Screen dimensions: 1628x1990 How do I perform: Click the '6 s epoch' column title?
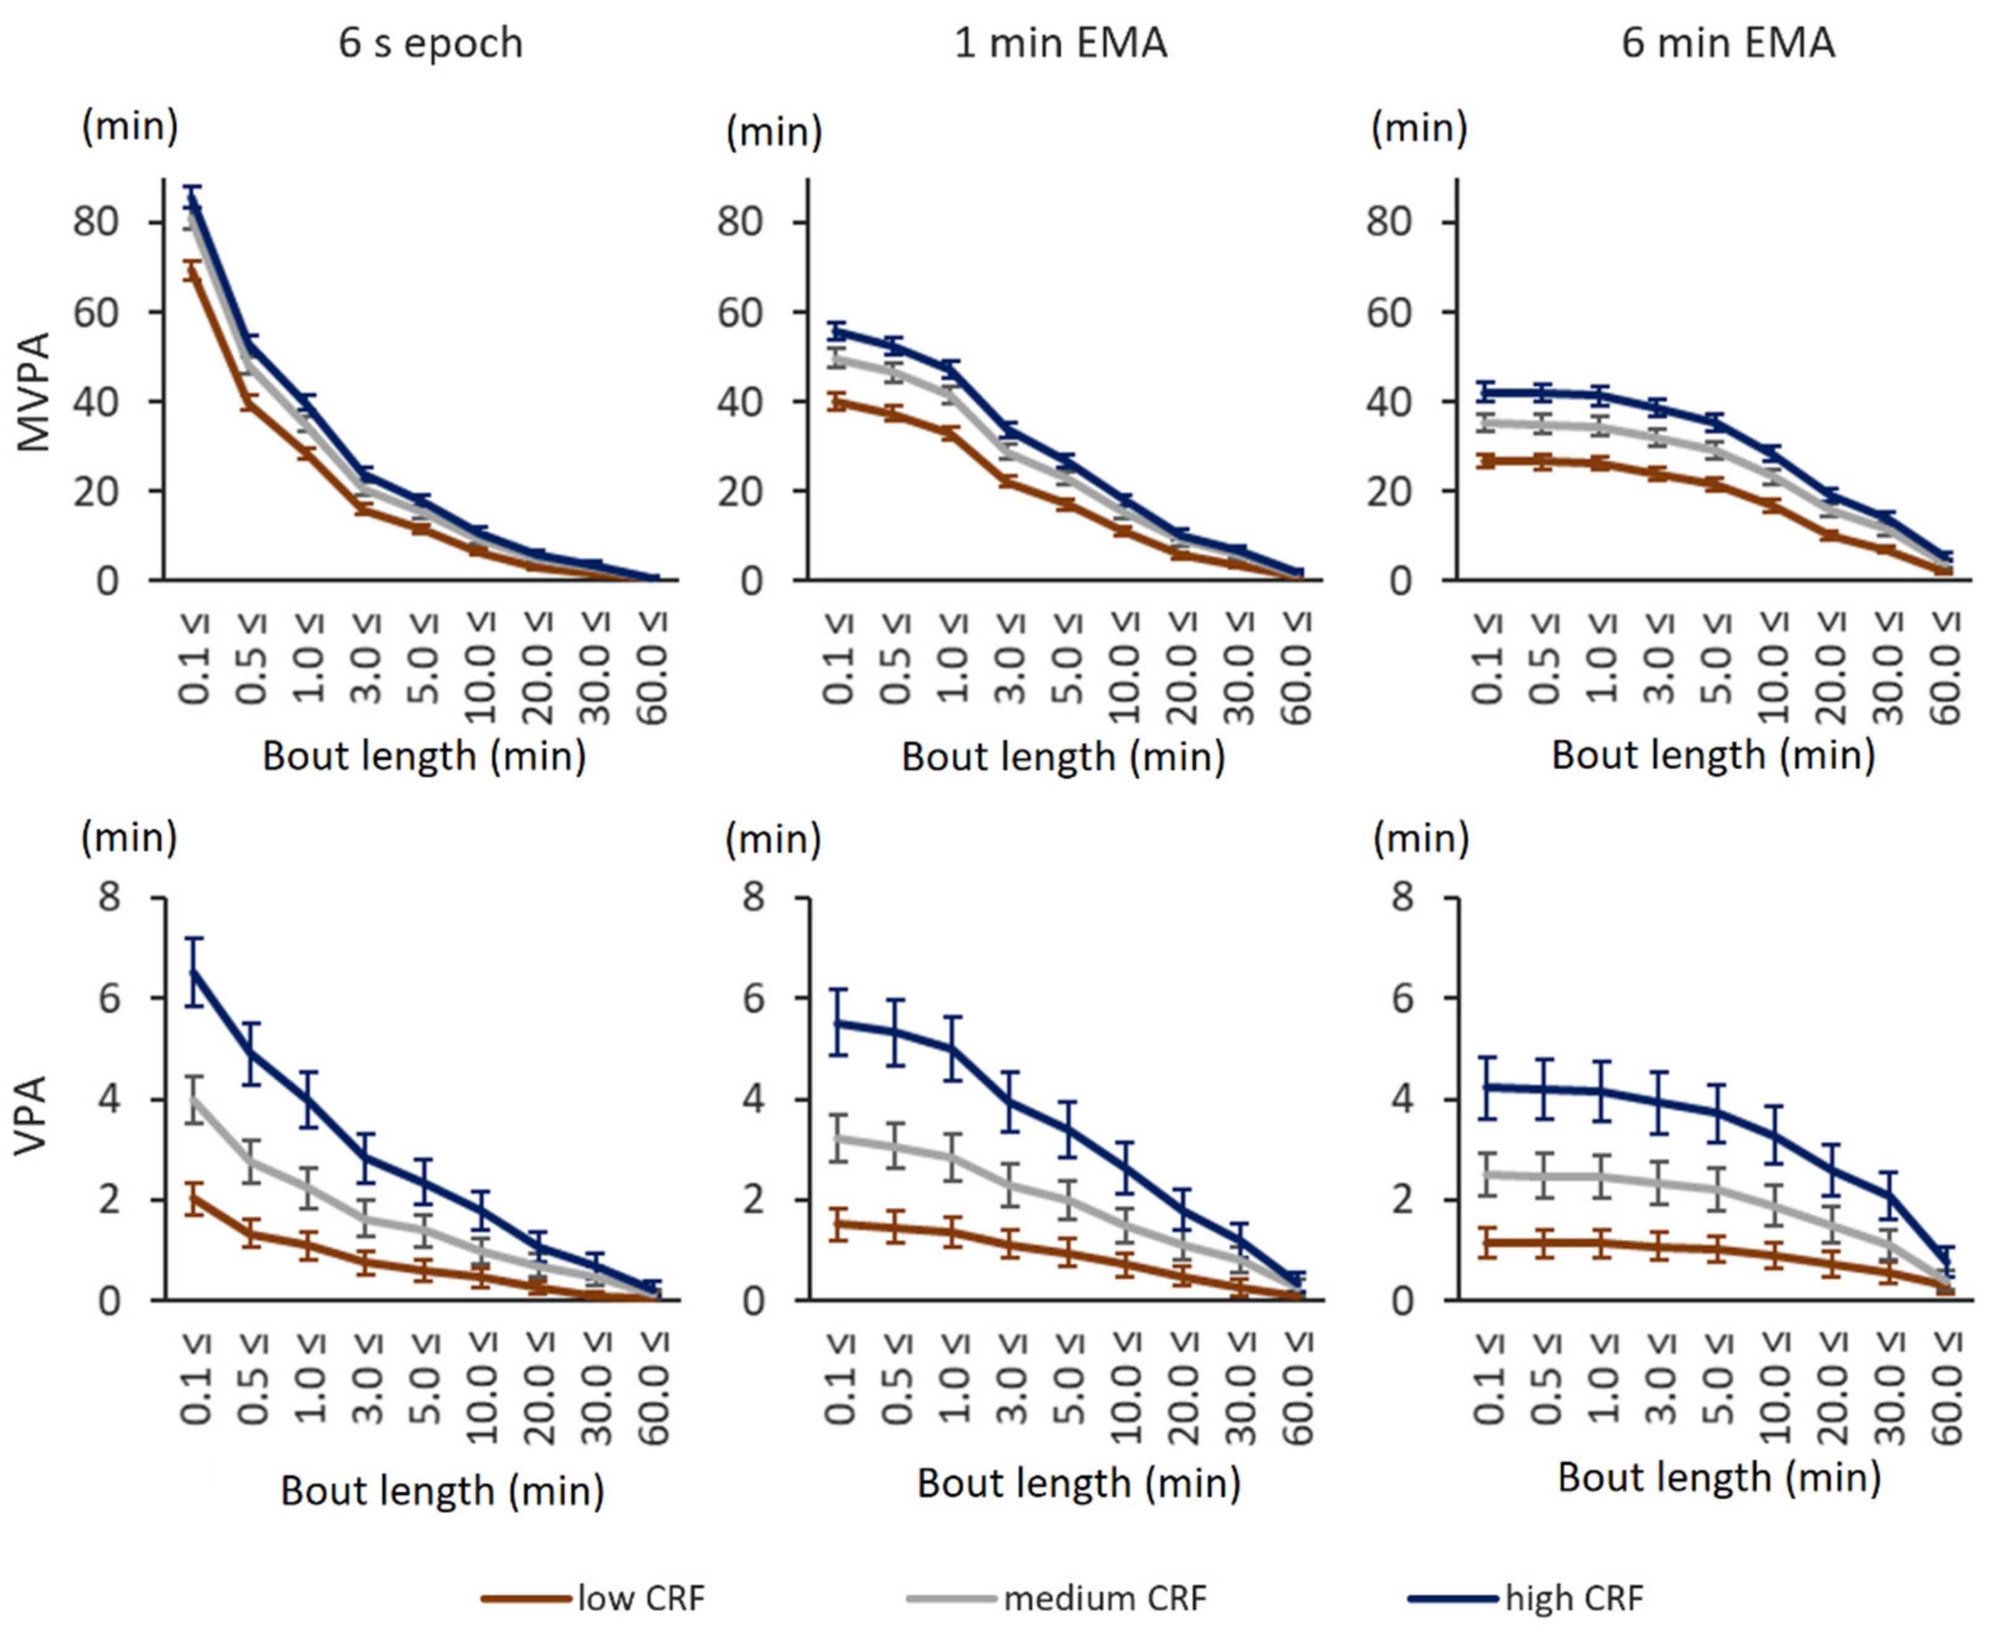click(x=430, y=43)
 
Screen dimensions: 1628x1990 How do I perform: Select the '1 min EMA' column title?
click(x=1061, y=43)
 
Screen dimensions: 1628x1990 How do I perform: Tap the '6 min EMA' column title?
click(x=1728, y=43)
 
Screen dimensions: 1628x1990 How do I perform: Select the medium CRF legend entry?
click(x=1105, y=1597)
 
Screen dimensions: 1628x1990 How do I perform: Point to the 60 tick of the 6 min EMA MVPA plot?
click(x=1390, y=312)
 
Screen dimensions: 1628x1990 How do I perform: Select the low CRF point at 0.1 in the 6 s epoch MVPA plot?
click(x=194, y=270)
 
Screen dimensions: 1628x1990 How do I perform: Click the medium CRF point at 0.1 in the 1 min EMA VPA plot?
click(x=840, y=1138)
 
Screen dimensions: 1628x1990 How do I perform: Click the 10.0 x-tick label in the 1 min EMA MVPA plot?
click(x=1125, y=668)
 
